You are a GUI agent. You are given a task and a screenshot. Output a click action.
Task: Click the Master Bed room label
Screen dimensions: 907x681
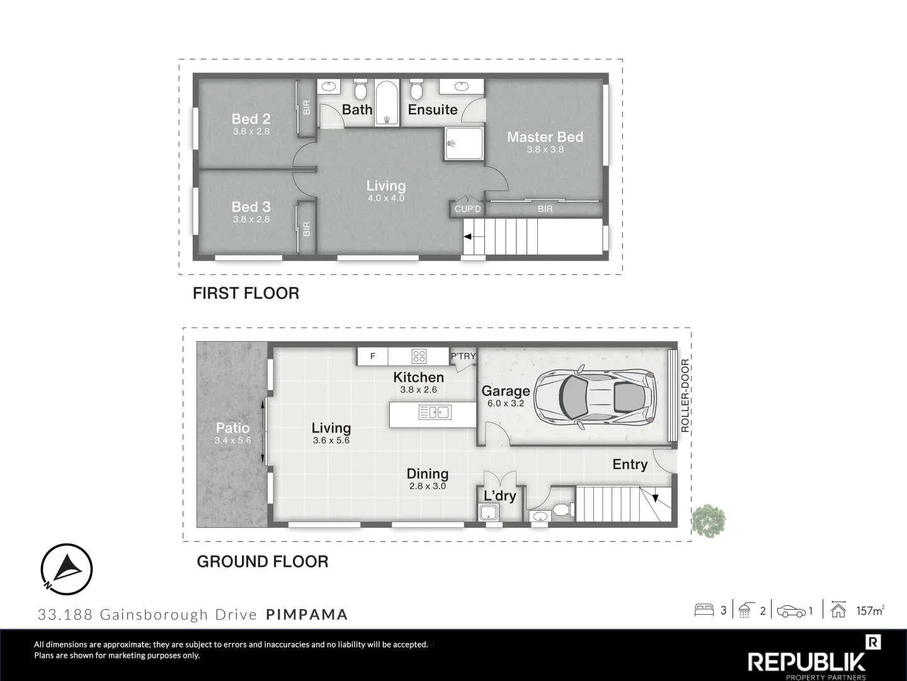tap(545, 137)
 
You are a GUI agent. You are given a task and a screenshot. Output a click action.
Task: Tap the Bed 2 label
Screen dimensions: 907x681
tap(251, 119)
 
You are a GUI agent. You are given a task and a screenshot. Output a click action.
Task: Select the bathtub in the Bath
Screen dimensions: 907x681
tap(387, 103)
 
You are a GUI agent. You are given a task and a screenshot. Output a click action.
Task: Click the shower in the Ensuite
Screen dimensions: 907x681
tap(464, 144)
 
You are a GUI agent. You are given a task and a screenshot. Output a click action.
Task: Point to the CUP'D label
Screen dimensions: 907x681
tap(468, 209)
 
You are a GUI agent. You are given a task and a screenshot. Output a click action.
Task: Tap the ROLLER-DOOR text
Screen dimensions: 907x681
tap(685, 396)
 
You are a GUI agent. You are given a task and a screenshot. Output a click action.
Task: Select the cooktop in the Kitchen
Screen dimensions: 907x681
tap(419, 356)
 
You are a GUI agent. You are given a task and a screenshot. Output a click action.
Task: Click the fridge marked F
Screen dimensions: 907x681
tap(372, 356)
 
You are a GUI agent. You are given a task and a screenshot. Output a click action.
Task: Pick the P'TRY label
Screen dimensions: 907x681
tap(463, 356)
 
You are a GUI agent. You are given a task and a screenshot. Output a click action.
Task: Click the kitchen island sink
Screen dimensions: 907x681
tap(435, 412)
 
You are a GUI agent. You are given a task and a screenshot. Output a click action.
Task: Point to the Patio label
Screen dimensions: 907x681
tap(232, 428)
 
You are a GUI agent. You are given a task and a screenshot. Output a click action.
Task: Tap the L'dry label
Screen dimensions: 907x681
tap(500, 496)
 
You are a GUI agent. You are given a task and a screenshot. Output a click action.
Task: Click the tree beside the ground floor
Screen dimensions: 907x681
tap(709, 521)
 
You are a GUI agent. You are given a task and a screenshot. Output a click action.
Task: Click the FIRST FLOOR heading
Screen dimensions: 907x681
tap(246, 293)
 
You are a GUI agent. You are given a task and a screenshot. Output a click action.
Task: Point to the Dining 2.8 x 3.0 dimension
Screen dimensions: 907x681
tap(428, 486)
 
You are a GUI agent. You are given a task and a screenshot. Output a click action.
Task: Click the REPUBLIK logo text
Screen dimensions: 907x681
tap(806, 662)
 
